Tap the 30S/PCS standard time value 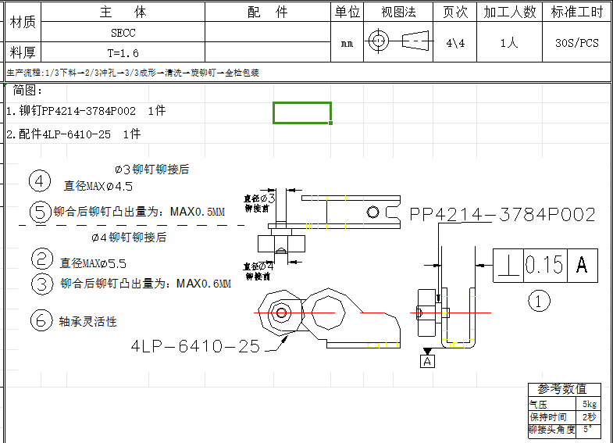click(x=576, y=43)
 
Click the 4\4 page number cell click(x=455, y=43)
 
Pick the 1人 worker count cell click(x=508, y=43)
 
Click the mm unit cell click(x=347, y=44)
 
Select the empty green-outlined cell click(x=301, y=113)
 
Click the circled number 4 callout click(x=41, y=181)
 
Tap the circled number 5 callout click(x=41, y=211)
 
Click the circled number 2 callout click(x=42, y=259)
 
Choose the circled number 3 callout click(x=42, y=283)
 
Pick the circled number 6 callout click(x=41, y=320)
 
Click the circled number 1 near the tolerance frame click(x=540, y=300)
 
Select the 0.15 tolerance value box click(x=545, y=265)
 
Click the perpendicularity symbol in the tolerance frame click(x=509, y=266)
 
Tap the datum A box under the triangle click(x=426, y=361)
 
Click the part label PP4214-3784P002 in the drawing click(x=502, y=214)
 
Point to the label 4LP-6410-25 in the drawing click(x=195, y=346)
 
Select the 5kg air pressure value click(x=590, y=404)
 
